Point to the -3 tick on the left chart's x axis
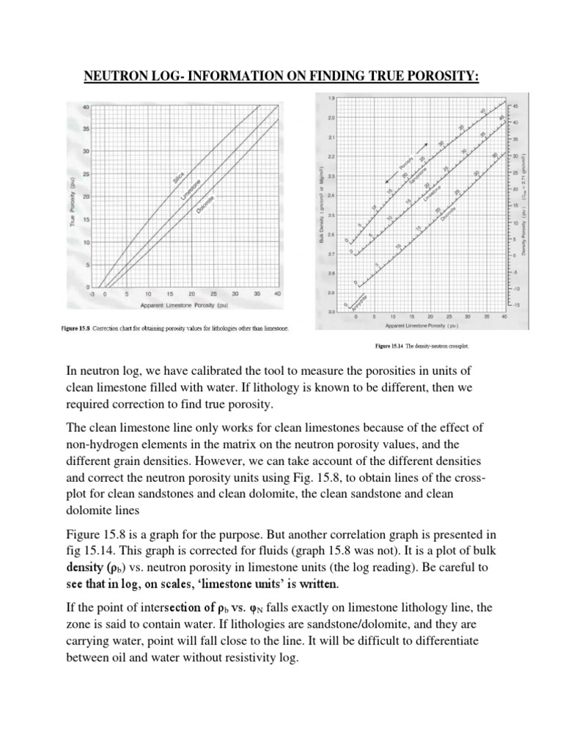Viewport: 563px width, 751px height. point(93,293)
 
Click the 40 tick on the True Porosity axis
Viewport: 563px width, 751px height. point(85,108)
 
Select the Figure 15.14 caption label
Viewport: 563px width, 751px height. point(390,345)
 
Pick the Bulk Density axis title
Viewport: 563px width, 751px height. point(321,205)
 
